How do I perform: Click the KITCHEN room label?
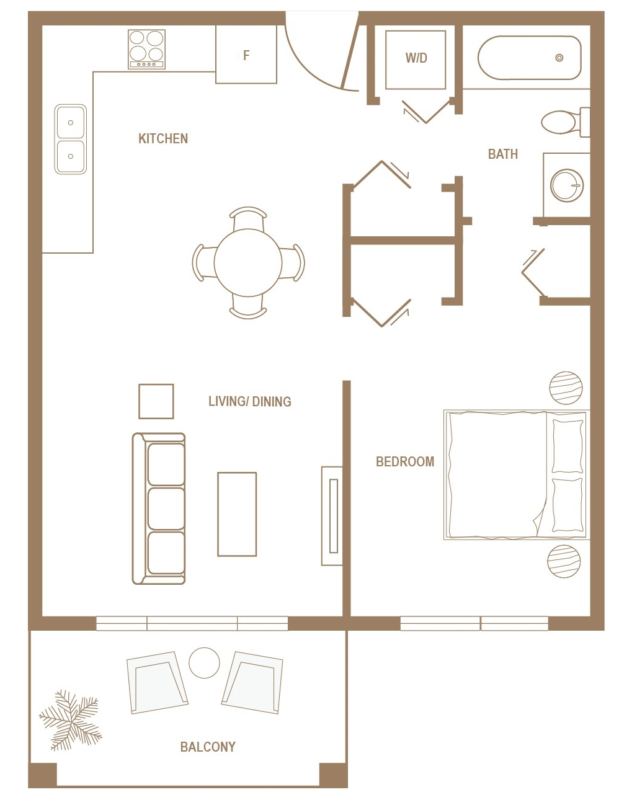pos(163,138)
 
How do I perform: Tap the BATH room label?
pos(502,154)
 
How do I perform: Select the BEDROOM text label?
pos(404,461)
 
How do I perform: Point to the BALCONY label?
pos(208,747)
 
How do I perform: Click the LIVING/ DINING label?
pos(249,401)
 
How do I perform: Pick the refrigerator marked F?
pos(246,55)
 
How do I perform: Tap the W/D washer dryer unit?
pos(416,58)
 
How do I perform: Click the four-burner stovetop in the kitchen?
pos(147,49)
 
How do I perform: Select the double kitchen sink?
pos(71,139)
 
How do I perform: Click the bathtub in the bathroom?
pos(529,58)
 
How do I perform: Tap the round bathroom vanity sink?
pos(567,185)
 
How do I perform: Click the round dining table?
pos(248,262)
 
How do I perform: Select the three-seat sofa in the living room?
pos(159,509)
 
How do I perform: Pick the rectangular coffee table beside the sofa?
pos(237,514)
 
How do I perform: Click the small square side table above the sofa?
pos(156,401)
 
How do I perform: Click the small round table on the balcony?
pos(204,663)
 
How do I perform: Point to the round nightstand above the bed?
pos(566,388)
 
